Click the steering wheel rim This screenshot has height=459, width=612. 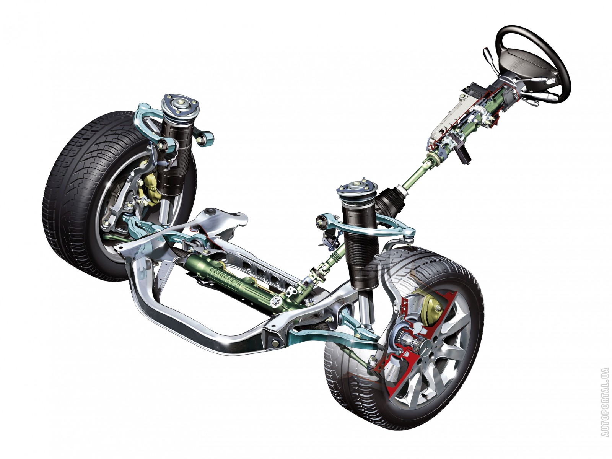coord(555,56)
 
